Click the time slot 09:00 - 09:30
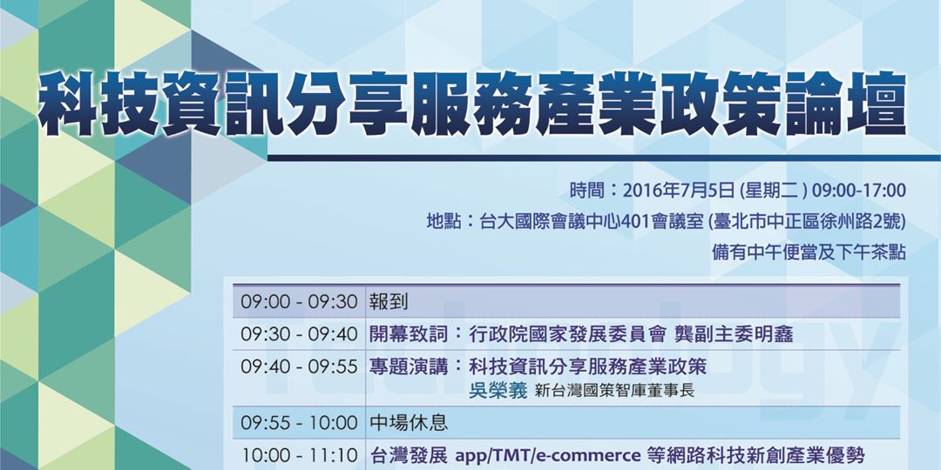tap(300, 302)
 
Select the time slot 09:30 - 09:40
tap(300, 334)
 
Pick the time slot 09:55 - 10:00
tap(300, 423)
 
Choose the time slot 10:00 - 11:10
tap(300, 455)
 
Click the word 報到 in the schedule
tap(389, 302)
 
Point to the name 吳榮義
tap(498, 391)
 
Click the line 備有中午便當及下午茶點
tap(809, 252)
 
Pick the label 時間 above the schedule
tap(586, 191)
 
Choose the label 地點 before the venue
tap(443, 221)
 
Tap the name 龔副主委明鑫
tap(740, 334)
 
